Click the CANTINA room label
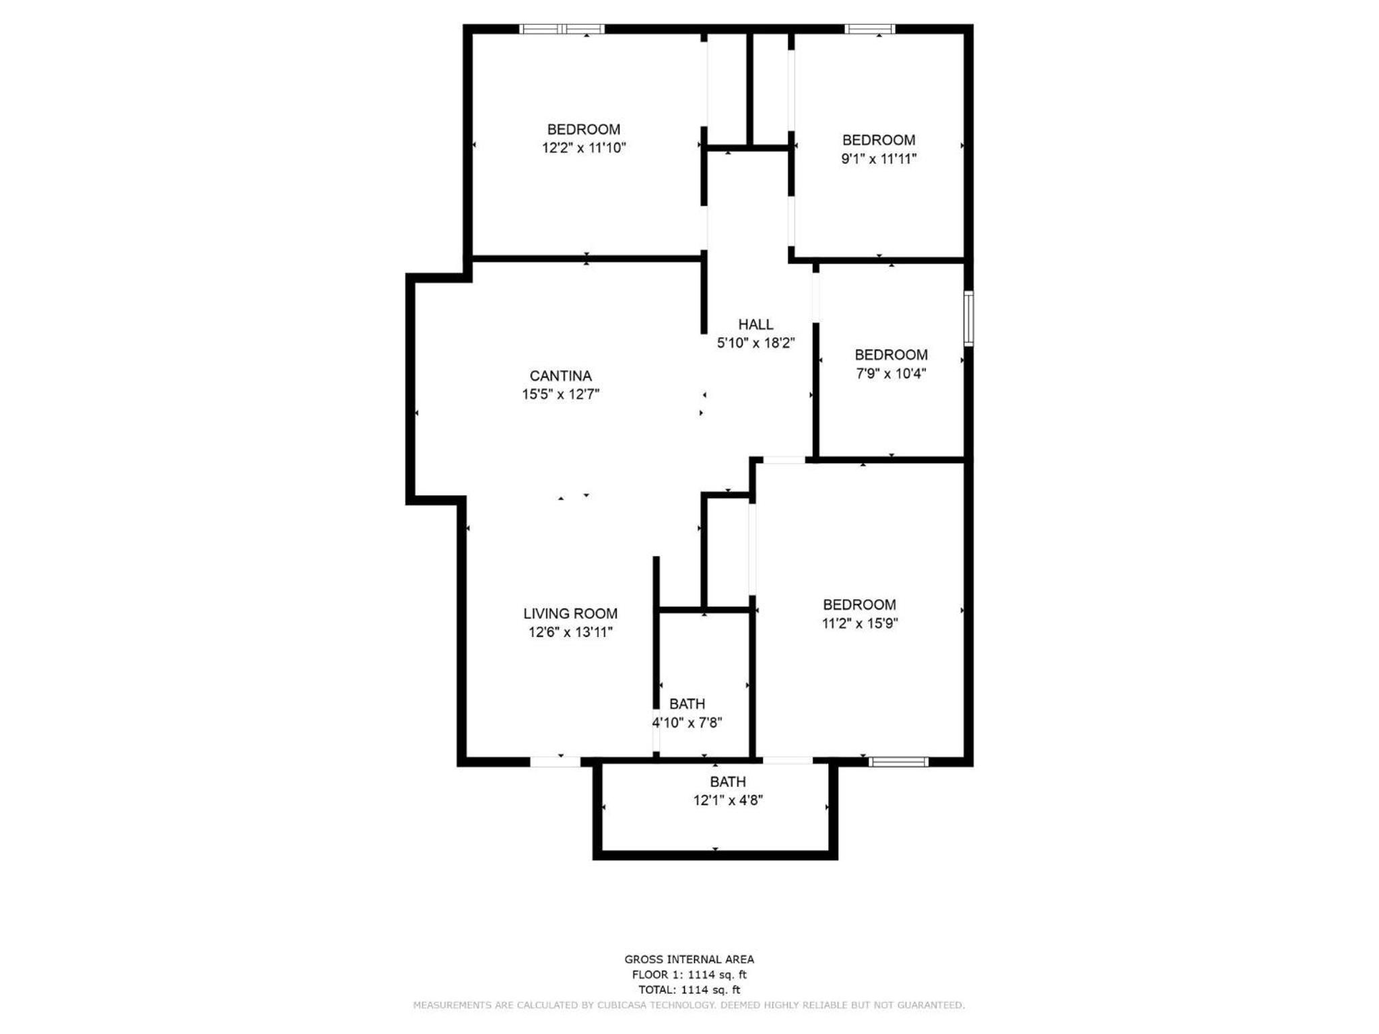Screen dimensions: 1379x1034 560,376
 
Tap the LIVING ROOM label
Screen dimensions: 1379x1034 570,613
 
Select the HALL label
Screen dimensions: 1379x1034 755,324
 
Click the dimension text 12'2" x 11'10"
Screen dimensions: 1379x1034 584,147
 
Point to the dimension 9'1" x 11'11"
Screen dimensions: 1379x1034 879,159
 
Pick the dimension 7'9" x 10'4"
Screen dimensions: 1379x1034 891,373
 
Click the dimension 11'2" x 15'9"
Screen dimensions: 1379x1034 860,623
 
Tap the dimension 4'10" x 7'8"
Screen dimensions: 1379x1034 687,723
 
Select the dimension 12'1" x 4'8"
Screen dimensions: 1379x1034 728,800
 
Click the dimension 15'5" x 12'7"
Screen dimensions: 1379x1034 560,394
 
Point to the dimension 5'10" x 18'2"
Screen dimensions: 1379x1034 755,343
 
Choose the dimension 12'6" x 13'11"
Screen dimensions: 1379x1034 570,632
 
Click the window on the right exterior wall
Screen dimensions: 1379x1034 968,318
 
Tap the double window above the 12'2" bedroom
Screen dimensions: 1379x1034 562,29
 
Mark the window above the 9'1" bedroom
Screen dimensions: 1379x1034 870,29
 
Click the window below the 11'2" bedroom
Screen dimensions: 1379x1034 898,762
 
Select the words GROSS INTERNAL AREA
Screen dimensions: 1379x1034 689,959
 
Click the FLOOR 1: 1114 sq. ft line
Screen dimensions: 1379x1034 689,975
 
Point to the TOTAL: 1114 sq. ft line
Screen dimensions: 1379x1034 689,990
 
